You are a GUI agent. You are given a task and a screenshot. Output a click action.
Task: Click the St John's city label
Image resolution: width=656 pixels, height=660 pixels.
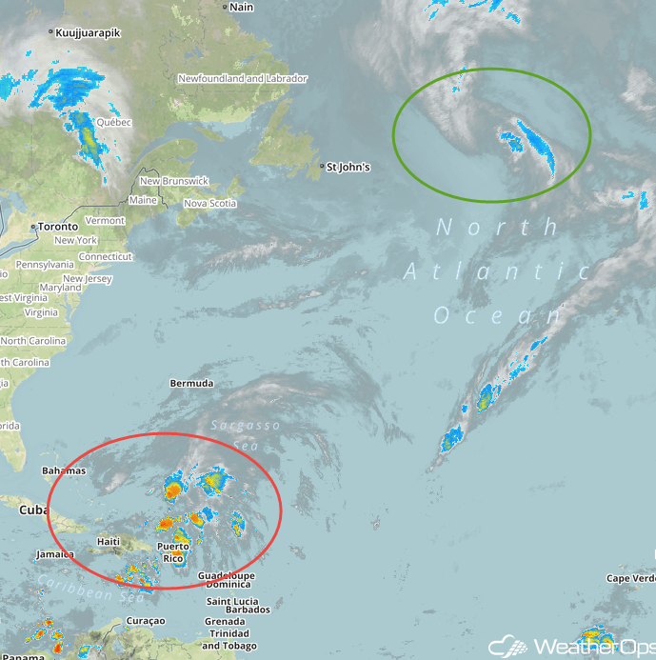[348, 168]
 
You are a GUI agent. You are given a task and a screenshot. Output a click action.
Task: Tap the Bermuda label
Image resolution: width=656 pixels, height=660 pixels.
[191, 384]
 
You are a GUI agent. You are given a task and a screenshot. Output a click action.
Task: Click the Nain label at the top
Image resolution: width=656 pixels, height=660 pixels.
[242, 7]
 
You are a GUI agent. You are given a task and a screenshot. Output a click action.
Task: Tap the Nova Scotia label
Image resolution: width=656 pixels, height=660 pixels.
[209, 203]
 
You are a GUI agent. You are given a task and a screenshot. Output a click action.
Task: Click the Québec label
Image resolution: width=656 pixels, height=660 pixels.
[113, 122]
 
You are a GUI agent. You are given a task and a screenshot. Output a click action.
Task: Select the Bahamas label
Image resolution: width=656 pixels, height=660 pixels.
[64, 470]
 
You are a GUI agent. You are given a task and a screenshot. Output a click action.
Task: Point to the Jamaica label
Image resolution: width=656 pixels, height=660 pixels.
[55, 553]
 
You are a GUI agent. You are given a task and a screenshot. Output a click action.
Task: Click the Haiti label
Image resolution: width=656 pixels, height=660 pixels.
[109, 542]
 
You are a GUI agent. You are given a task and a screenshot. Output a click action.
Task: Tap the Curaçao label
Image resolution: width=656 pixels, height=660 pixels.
[145, 621]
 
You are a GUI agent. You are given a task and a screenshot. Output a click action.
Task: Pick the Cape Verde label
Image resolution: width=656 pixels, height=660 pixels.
[630, 578]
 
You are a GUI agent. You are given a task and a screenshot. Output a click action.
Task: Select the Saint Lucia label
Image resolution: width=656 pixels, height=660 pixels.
[233, 600]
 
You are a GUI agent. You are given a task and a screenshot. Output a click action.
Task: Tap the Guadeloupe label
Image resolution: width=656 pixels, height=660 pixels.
[226, 576]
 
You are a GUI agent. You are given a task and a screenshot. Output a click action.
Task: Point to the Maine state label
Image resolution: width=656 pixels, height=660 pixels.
[143, 201]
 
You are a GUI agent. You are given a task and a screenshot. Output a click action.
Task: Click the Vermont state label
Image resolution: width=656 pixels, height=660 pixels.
[105, 220]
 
